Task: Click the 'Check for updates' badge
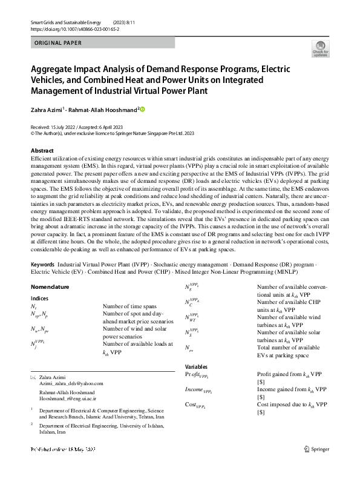click(x=320, y=48)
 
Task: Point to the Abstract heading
click(x=42, y=150)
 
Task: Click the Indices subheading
click(x=39, y=299)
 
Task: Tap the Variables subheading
click(x=196, y=366)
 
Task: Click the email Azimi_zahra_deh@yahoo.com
click(x=71, y=383)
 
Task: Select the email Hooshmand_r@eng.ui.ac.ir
click(x=71, y=398)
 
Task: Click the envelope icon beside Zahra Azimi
click(x=33, y=377)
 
